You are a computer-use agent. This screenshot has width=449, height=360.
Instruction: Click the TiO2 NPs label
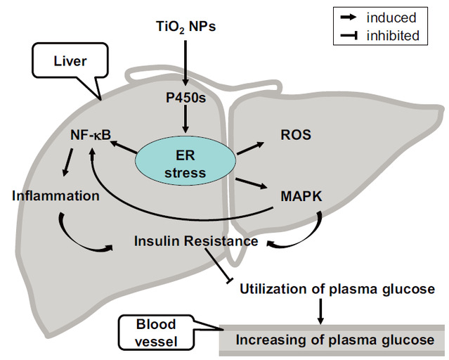pyautogui.click(x=185, y=29)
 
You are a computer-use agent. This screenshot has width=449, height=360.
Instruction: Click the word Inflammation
pyautogui.click(x=56, y=195)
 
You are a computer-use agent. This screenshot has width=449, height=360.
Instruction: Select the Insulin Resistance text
pyautogui.click(x=196, y=241)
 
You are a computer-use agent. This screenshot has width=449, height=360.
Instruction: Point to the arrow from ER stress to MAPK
pyautogui.click(x=252, y=183)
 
